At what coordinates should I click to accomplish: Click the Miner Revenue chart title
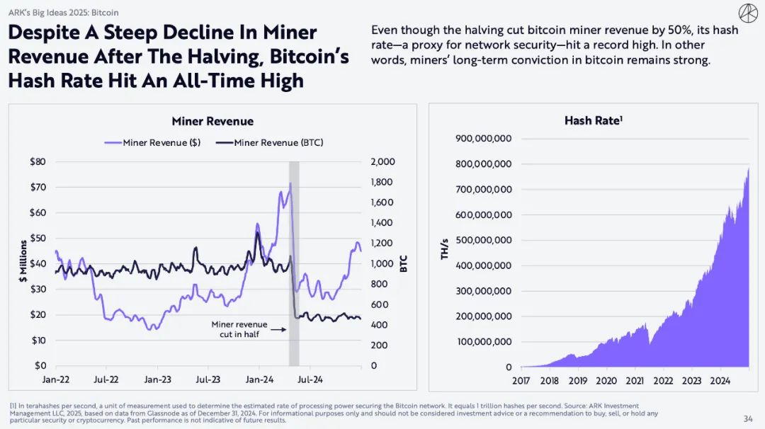(212, 121)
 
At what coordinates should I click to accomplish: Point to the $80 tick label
(38, 161)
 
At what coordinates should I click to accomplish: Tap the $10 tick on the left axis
(38, 341)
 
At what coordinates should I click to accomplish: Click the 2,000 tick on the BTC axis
(382, 161)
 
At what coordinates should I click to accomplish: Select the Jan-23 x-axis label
(157, 379)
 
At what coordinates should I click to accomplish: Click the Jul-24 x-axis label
(310, 379)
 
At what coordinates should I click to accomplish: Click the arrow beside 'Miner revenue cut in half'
(278, 329)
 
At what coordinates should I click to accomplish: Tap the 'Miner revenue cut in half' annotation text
(239, 329)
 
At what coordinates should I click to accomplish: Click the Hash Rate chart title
(593, 121)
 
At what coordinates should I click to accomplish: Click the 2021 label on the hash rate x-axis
(635, 381)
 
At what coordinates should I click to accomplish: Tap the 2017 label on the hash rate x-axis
(521, 381)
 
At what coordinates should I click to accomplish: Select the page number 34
(748, 418)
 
